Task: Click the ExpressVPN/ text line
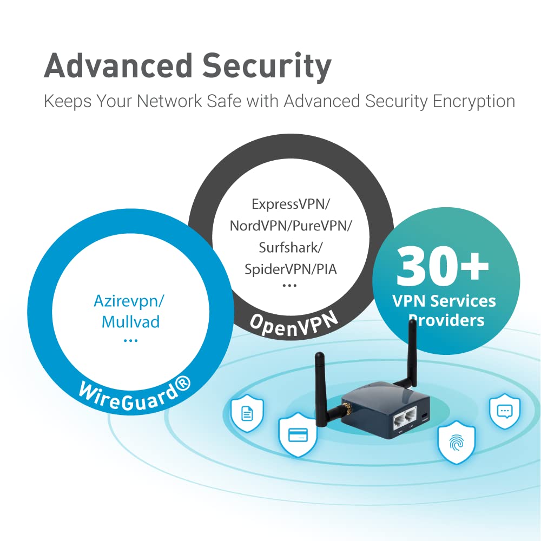point(291,204)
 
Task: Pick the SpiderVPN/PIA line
point(291,268)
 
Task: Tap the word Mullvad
point(131,322)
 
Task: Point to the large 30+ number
point(443,266)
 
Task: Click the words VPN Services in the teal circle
point(444,301)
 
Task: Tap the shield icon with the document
point(247,414)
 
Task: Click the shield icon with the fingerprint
point(456,442)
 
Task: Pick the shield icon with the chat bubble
point(505,411)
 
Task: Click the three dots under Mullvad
point(131,340)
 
